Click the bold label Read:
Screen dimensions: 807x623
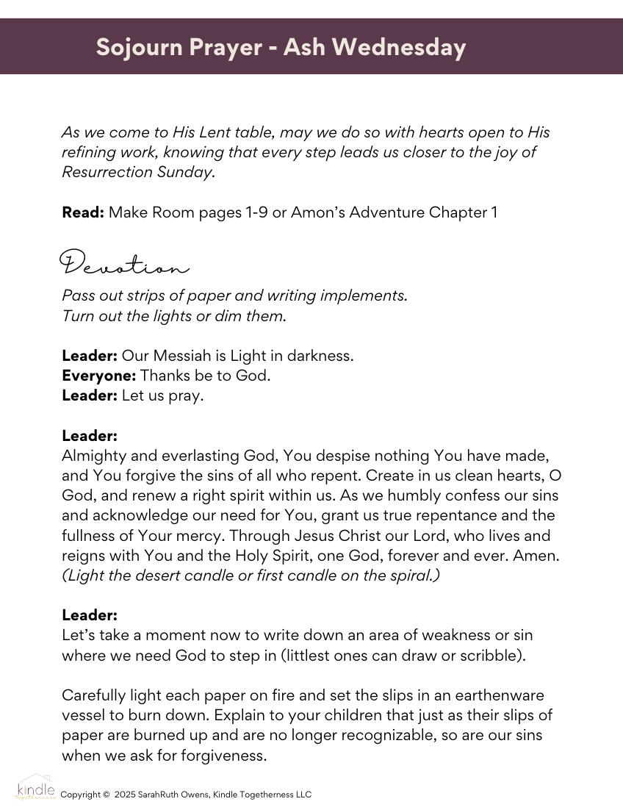pyautogui.click(x=82, y=212)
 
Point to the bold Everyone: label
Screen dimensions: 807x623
pyautogui.click(x=99, y=376)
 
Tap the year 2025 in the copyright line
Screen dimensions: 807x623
pyautogui.click(x=126, y=795)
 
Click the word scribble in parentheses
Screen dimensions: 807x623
pyautogui.click(x=494, y=655)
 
